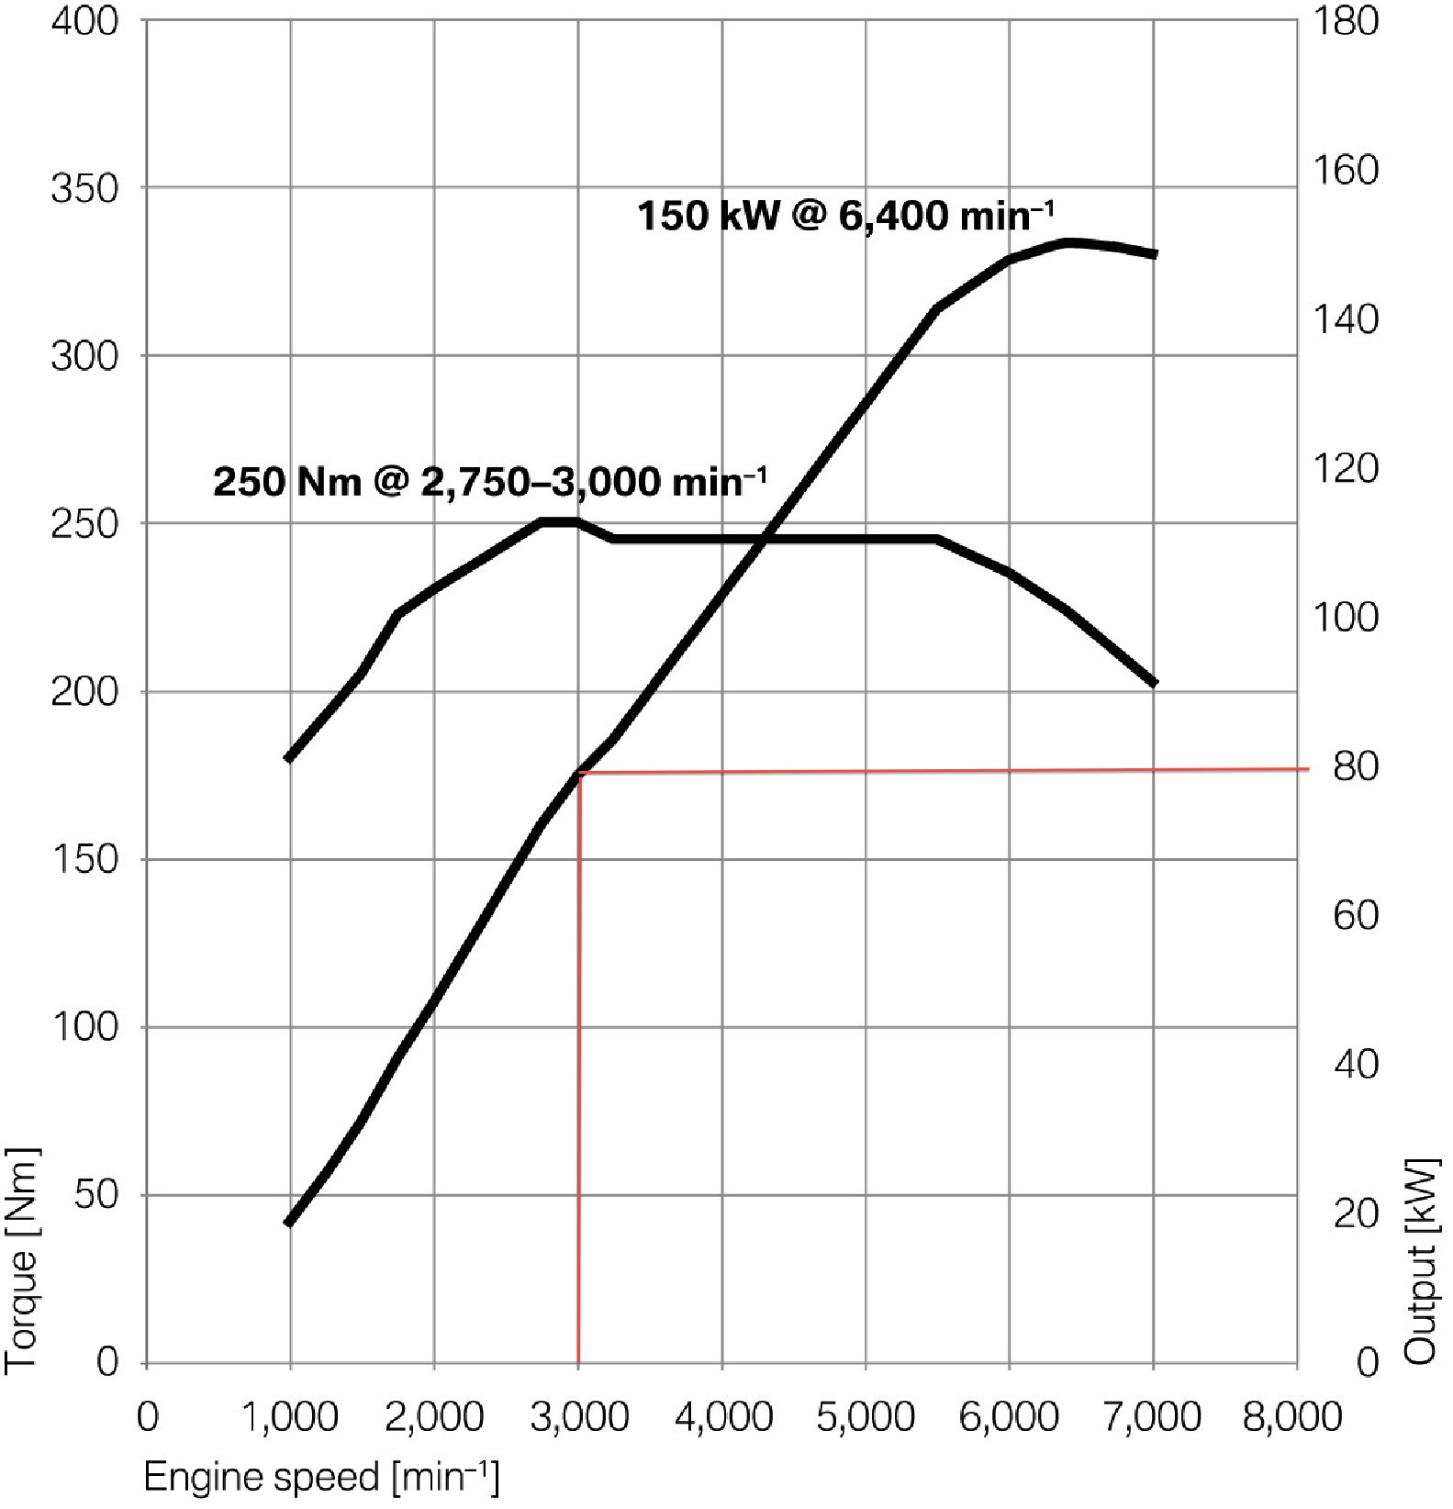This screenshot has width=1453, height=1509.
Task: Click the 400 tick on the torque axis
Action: (x=84, y=21)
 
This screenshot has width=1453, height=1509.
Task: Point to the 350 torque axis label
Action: (x=84, y=189)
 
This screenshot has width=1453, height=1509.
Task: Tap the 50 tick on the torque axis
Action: (x=95, y=1195)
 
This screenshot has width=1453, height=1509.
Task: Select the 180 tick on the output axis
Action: (x=1346, y=21)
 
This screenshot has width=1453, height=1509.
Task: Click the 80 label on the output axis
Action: (x=1356, y=766)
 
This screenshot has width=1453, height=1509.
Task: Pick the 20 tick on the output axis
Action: (x=1356, y=1214)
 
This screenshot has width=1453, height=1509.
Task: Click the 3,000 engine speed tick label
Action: (x=579, y=1417)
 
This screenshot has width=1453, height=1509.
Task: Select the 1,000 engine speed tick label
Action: (x=290, y=1417)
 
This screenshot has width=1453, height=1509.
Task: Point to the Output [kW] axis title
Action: (x=1421, y=1261)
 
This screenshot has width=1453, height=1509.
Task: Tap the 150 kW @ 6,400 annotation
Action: (x=845, y=217)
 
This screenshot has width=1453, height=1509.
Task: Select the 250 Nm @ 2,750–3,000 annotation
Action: (x=490, y=481)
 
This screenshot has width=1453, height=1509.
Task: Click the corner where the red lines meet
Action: (x=580, y=773)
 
